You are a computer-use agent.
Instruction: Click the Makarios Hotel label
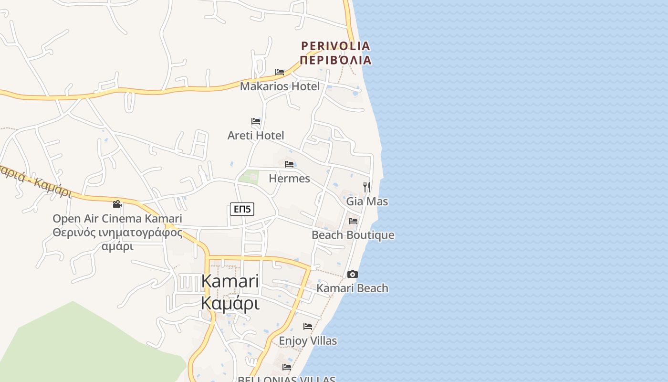pos(280,86)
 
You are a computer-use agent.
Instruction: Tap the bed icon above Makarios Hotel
pos(280,72)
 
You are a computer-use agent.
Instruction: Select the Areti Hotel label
pos(256,136)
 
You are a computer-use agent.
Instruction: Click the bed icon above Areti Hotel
pos(256,121)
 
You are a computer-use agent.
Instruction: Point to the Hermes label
pos(289,179)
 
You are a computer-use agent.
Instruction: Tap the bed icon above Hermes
pos(289,164)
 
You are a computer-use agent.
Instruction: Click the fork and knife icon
pos(367,187)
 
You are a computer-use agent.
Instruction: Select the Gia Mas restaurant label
pos(367,202)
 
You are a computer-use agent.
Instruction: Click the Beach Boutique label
pos(353,235)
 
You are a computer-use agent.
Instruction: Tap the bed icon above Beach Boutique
pos(353,221)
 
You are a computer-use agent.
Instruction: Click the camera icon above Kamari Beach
pos(353,274)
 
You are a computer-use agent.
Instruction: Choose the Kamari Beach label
pos(352,288)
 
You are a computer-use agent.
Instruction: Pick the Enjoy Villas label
pos(308,341)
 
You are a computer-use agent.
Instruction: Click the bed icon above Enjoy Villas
pos(308,327)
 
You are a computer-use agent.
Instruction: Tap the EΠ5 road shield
pos(242,209)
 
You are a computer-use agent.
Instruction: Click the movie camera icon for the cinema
pos(117,204)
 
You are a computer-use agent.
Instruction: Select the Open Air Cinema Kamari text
pos(117,219)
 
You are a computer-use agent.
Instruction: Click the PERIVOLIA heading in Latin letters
pos(335,46)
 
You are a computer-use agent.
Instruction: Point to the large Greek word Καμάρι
pos(230,303)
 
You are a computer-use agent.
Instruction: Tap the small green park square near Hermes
pos(249,177)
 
